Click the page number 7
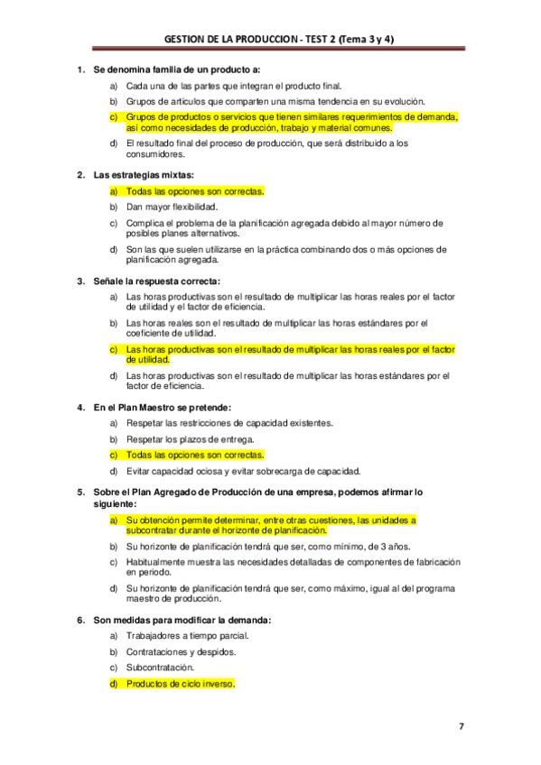point(461,726)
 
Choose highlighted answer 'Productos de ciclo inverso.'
point(180,684)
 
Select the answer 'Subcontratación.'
point(160,668)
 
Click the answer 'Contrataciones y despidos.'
point(181,651)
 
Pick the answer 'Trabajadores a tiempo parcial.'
point(187,636)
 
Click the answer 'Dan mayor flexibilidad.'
point(172,207)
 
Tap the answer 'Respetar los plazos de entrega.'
point(190,439)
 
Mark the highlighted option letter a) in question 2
point(114,191)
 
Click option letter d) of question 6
point(114,684)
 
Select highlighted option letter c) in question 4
point(114,455)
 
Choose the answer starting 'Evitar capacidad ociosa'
point(243,471)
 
